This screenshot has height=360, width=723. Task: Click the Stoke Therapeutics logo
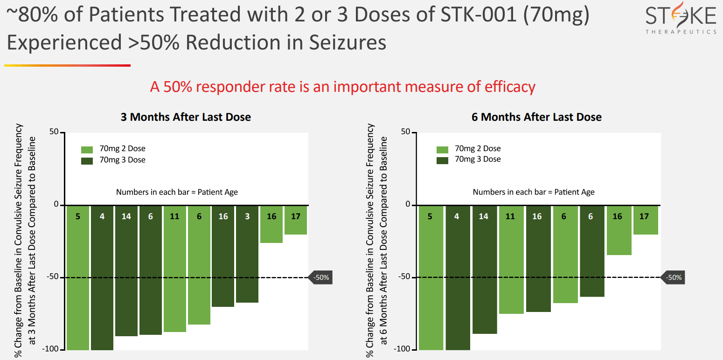click(681, 20)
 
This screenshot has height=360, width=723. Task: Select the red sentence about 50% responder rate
click(342, 87)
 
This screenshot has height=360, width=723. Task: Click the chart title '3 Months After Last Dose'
click(186, 117)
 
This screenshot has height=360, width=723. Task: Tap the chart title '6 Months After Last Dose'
click(536, 117)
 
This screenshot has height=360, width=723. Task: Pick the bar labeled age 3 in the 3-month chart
click(247, 254)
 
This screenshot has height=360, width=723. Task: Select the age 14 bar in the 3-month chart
click(126, 270)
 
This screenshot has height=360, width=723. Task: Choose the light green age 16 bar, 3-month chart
click(271, 224)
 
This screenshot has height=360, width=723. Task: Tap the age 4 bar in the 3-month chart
click(102, 277)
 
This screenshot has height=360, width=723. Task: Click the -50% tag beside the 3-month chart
click(320, 277)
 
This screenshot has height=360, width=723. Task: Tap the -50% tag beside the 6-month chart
click(673, 277)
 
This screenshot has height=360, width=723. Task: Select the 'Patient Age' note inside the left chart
click(177, 192)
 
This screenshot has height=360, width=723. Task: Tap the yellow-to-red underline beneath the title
click(67, 66)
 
